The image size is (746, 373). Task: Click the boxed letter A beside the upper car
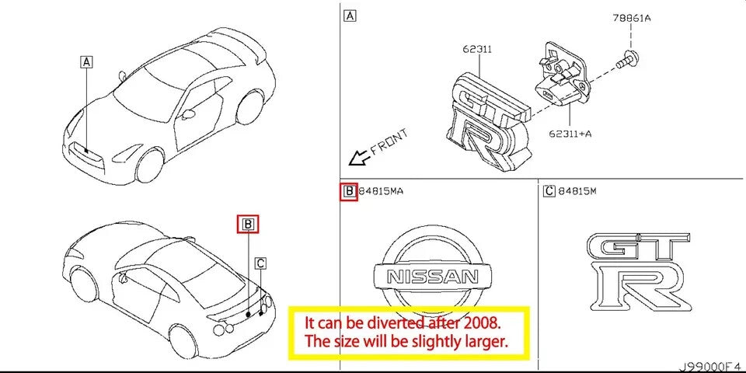coord(86,61)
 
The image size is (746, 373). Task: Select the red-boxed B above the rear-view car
coord(247,225)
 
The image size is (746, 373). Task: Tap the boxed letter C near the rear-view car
coord(261,263)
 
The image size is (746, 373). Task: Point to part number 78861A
coord(631,16)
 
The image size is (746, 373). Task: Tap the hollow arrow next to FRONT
coord(358,159)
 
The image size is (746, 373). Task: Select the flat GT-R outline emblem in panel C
coord(638,268)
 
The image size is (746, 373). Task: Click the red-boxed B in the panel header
coord(349,191)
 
